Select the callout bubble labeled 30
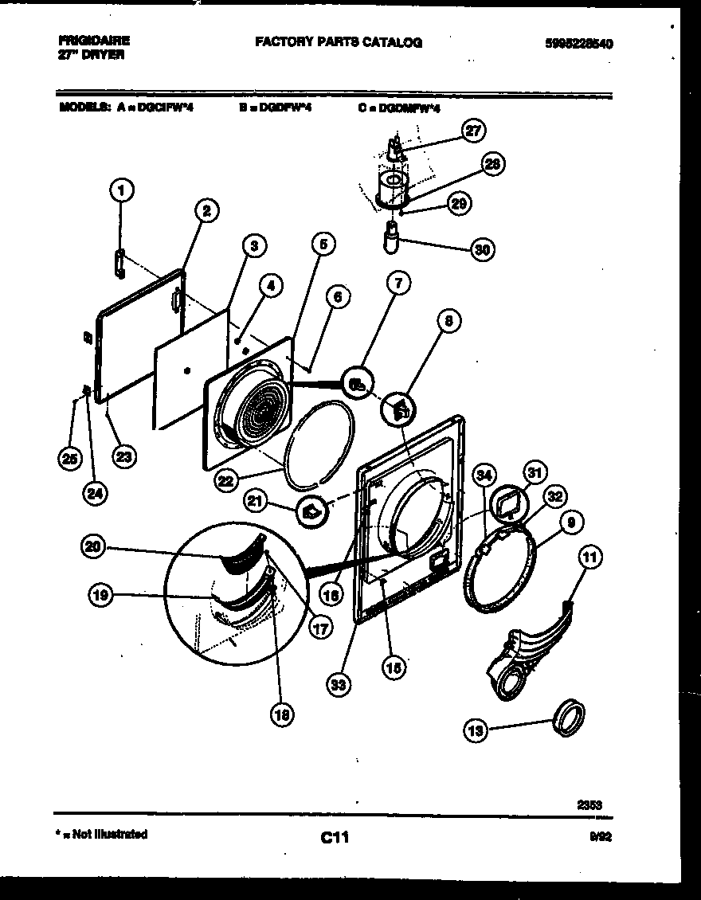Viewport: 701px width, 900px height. click(x=481, y=249)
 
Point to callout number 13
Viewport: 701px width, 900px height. click(x=476, y=730)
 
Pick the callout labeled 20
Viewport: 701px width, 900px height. click(x=95, y=546)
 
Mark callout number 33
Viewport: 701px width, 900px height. click(x=340, y=683)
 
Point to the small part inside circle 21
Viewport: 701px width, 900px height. click(x=311, y=511)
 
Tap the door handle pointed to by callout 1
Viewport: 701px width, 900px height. click(x=119, y=264)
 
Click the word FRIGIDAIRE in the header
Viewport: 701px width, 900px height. click(x=94, y=40)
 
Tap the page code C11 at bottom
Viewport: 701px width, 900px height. click(x=335, y=837)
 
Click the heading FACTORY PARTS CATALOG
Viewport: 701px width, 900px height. click(x=339, y=42)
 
